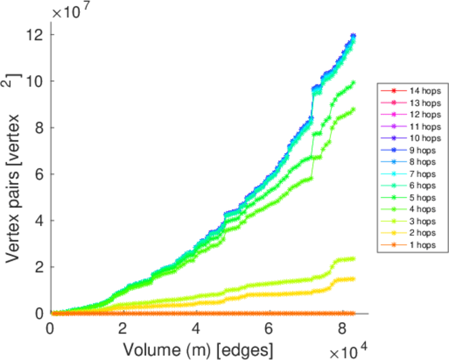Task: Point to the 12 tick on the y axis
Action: point(33,35)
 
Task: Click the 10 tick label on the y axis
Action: point(33,81)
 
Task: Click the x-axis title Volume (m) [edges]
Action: point(199,349)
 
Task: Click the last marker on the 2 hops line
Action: point(353,278)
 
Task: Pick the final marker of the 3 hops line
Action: point(353,259)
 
